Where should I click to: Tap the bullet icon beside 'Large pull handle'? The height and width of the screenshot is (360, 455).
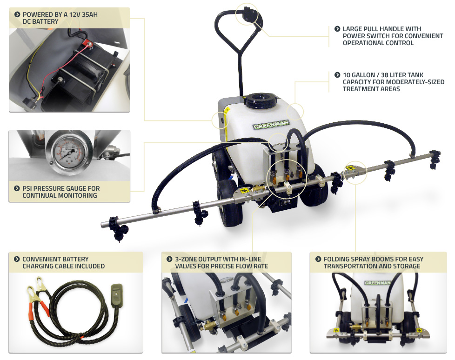click(337, 29)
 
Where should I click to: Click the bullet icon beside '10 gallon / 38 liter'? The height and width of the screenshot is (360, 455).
click(337, 74)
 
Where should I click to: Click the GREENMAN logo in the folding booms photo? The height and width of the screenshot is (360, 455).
click(377, 282)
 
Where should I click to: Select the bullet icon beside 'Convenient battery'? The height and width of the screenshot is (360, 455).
click(17, 259)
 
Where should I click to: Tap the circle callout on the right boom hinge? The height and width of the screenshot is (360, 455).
click(357, 170)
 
